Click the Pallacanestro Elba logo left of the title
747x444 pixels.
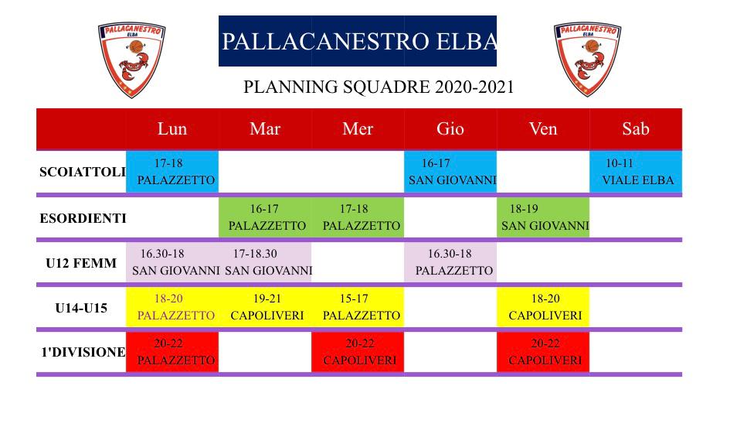point(131,60)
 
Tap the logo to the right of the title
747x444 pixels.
point(587,59)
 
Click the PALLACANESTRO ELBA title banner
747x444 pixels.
point(358,41)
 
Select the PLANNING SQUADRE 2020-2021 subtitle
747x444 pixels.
point(379,87)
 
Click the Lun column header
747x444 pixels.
point(172,128)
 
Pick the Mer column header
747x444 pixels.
point(358,128)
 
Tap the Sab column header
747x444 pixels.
point(636,128)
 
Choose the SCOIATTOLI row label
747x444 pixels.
point(83,172)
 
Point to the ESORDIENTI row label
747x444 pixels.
point(83,218)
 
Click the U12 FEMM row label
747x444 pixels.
point(81,263)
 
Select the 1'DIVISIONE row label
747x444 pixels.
point(83,352)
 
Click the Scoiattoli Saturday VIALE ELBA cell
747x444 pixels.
point(636,172)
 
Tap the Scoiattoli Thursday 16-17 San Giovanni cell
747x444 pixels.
point(450,172)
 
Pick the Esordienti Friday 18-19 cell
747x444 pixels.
point(543,217)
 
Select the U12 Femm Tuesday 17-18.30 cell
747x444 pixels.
point(265,262)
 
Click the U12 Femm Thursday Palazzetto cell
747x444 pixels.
point(450,262)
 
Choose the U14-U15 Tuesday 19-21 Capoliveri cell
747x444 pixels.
point(265,307)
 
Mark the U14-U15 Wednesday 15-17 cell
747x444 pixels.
point(358,307)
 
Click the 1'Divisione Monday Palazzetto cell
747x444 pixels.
point(172,352)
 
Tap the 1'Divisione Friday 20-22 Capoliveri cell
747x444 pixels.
point(543,352)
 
